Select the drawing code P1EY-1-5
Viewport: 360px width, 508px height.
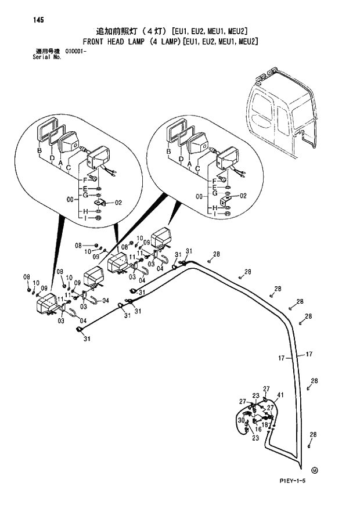(287, 481)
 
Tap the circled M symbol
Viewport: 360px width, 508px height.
(315, 470)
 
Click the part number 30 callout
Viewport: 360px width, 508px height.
(240, 420)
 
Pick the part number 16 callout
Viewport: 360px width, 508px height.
(258, 429)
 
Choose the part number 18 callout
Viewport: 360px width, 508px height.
(265, 425)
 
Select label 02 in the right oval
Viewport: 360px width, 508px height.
(243, 196)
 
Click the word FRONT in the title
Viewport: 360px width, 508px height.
(96, 42)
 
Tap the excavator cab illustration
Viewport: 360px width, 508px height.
(281, 113)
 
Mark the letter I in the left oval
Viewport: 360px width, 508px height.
(85, 218)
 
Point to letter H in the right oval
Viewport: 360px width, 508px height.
(213, 207)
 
